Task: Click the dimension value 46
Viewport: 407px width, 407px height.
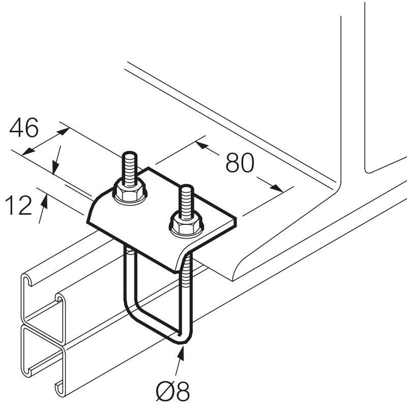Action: tap(24, 129)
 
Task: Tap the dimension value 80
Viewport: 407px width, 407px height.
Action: tap(240, 163)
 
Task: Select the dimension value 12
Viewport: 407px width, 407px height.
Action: tap(18, 206)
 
